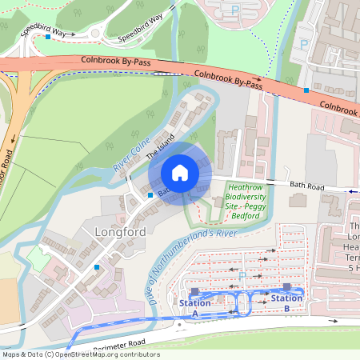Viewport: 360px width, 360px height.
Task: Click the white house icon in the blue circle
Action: coord(180,173)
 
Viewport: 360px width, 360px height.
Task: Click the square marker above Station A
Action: coord(194,292)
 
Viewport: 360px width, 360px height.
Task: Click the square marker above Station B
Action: coord(286,287)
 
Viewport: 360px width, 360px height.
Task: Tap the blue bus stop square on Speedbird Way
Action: coord(48,37)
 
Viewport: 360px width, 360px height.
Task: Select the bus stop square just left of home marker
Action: coord(150,194)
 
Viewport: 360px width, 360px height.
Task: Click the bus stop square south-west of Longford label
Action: coord(97,266)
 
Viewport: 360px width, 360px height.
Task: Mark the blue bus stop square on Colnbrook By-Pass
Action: coord(306,90)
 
